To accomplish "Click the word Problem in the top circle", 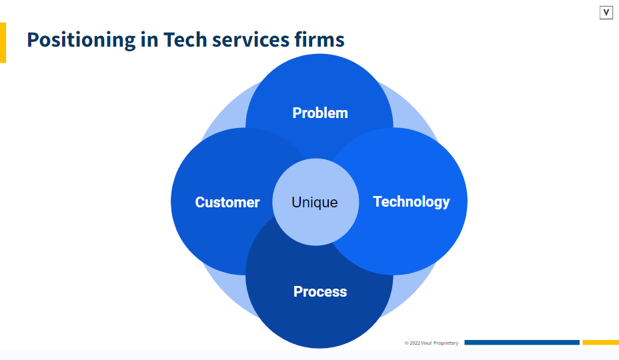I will (x=320, y=113).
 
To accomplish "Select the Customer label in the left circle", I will (x=227, y=202).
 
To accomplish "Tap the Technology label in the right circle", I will (x=411, y=201).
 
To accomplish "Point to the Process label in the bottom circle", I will (x=320, y=291).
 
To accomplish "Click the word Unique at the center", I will (x=315, y=202).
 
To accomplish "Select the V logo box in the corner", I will (x=606, y=13).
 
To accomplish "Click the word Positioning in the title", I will (x=81, y=40).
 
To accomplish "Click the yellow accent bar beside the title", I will (x=3, y=43).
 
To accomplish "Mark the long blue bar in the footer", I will (x=522, y=343).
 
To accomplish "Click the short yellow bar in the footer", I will (x=600, y=343).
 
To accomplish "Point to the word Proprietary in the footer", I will (x=446, y=343).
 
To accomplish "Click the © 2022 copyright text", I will (x=412, y=343).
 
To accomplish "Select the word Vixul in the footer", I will (x=426, y=343).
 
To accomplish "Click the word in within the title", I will (x=149, y=39).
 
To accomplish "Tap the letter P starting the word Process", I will (x=298, y=291).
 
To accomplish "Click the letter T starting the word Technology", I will (x=378, y=201).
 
